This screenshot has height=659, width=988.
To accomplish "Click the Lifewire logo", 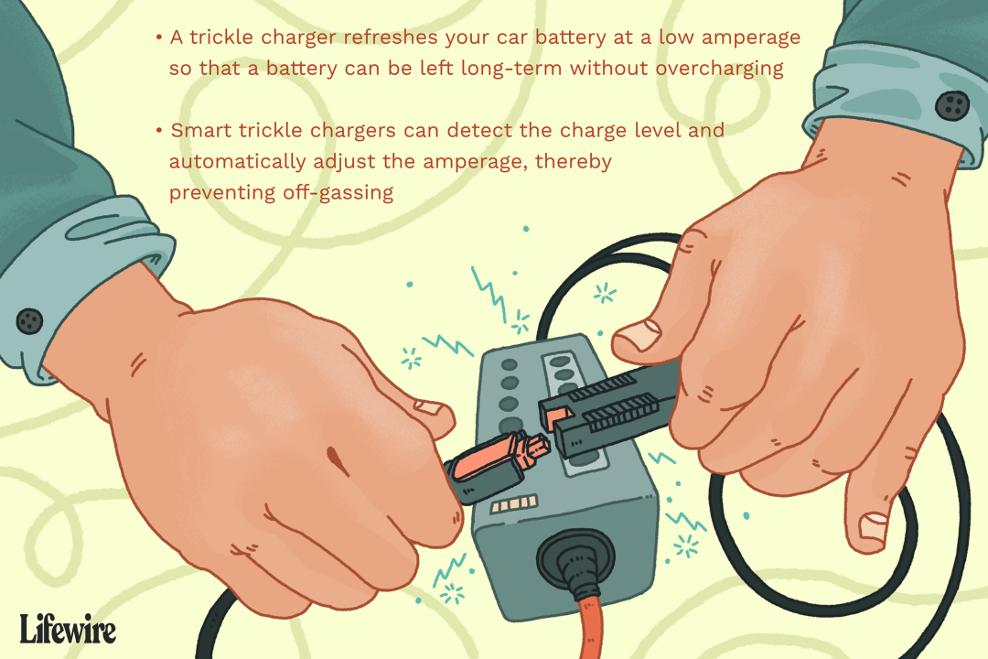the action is pyautogui.click(x=68, y=629).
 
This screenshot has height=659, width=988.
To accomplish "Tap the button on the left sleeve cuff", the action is pyautogui.click(x=29, y=321).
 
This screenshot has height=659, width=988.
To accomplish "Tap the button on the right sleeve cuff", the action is pyautogui.click(x=952, y=105).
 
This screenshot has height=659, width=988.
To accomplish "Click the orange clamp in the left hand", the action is pyautogui.click(x=498, y=464).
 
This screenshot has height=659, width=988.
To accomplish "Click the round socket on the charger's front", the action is pyautogui.click(x=575, y=558).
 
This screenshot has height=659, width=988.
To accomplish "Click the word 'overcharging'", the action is pyautogui.click(x=720, y=69).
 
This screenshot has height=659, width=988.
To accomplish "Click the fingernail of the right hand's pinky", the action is pyautogui.click(x=874, y=527).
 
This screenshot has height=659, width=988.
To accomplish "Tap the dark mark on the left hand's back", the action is pyautogui.click(x=335, y=459).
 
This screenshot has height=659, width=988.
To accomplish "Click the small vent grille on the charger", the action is pyautogui.click(x=514, y=504).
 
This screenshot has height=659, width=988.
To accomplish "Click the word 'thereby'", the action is pyautogui.click(x=574, y=162).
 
